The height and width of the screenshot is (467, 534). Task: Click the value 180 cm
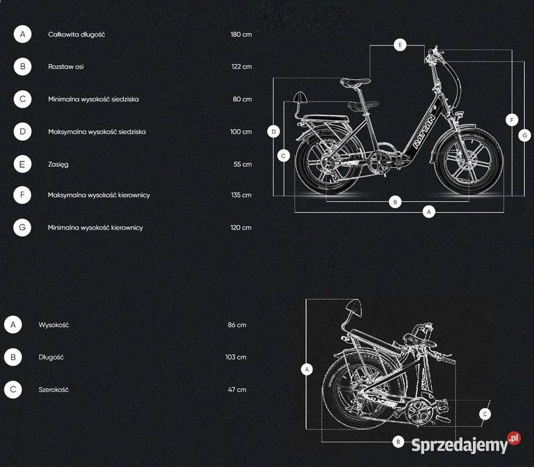click(x=241, y=34)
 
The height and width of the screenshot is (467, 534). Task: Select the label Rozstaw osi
click(x=66, y=67)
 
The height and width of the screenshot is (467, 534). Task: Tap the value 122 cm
click(x=242, y=67)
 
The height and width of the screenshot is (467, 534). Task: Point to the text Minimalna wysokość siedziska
click(x=94, y=99)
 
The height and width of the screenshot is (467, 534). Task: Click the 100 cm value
click(x=241, y=132)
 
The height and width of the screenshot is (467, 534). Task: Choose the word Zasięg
click(x=58, y=164)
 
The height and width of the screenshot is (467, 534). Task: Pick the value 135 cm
click(x=241, y=195)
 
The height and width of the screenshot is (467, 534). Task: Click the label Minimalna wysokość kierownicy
click(x=95, y=228)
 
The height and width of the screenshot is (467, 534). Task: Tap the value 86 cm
click(x=237, y=325)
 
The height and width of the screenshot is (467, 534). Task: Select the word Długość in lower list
click(x=51, y=357)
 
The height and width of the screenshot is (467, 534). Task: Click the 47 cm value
click(x=237, y=389)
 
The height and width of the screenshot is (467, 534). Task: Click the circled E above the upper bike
click(x=400, y=45)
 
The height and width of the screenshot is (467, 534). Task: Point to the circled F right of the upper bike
click(x=511, y=120)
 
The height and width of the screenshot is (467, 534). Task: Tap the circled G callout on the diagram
click(x=524, y=136)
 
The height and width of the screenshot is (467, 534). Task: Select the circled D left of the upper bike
click(x=273, y=131)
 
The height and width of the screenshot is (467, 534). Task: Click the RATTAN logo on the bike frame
click(x=424, y=132)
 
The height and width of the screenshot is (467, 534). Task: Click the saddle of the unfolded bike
click(x=355, y=82)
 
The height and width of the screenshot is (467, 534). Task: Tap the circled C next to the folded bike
click(x=485, y=414)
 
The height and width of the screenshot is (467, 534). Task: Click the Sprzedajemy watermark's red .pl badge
click(x=514, y=438)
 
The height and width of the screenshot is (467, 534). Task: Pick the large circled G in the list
click(x=22, y=227)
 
